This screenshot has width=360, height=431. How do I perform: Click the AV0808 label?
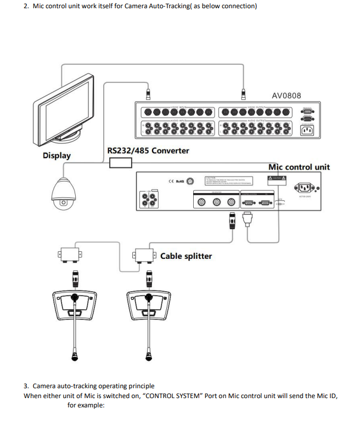pos(286,95)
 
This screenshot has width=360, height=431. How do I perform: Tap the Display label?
pos(57,155)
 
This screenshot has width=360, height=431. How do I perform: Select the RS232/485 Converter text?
pos(148,150)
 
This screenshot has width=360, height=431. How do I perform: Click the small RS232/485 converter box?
pos(121,162)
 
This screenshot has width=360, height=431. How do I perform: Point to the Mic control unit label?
pos(299,167)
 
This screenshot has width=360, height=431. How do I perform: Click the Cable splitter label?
pos(186,256)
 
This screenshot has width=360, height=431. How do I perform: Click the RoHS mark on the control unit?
pos(179,181)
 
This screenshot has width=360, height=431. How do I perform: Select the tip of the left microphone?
pos(74,358)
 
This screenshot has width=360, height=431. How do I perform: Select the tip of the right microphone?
pos(149,358)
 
